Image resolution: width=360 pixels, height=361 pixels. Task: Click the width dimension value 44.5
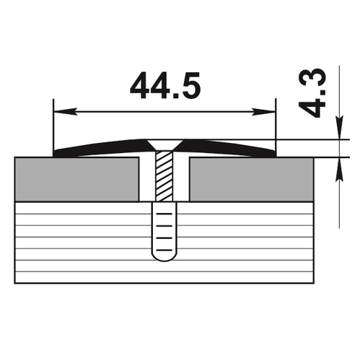pos(165,85)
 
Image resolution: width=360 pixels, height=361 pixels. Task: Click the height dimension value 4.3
pos(312,92)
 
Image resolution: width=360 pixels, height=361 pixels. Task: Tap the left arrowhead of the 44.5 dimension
pos(66,112)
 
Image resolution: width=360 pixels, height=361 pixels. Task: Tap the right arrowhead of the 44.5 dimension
pos(263,112)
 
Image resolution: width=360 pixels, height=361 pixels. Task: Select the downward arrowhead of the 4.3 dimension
pos(339,128)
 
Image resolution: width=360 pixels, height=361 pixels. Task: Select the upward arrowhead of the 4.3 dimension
pos(339,169)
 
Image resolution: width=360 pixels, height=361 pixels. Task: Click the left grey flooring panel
pos(77,179)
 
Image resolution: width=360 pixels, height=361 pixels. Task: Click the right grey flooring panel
pos(251,179)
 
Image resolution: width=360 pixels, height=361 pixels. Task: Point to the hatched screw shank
pos(164,176)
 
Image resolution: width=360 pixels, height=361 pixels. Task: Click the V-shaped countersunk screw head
pos(164,145)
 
